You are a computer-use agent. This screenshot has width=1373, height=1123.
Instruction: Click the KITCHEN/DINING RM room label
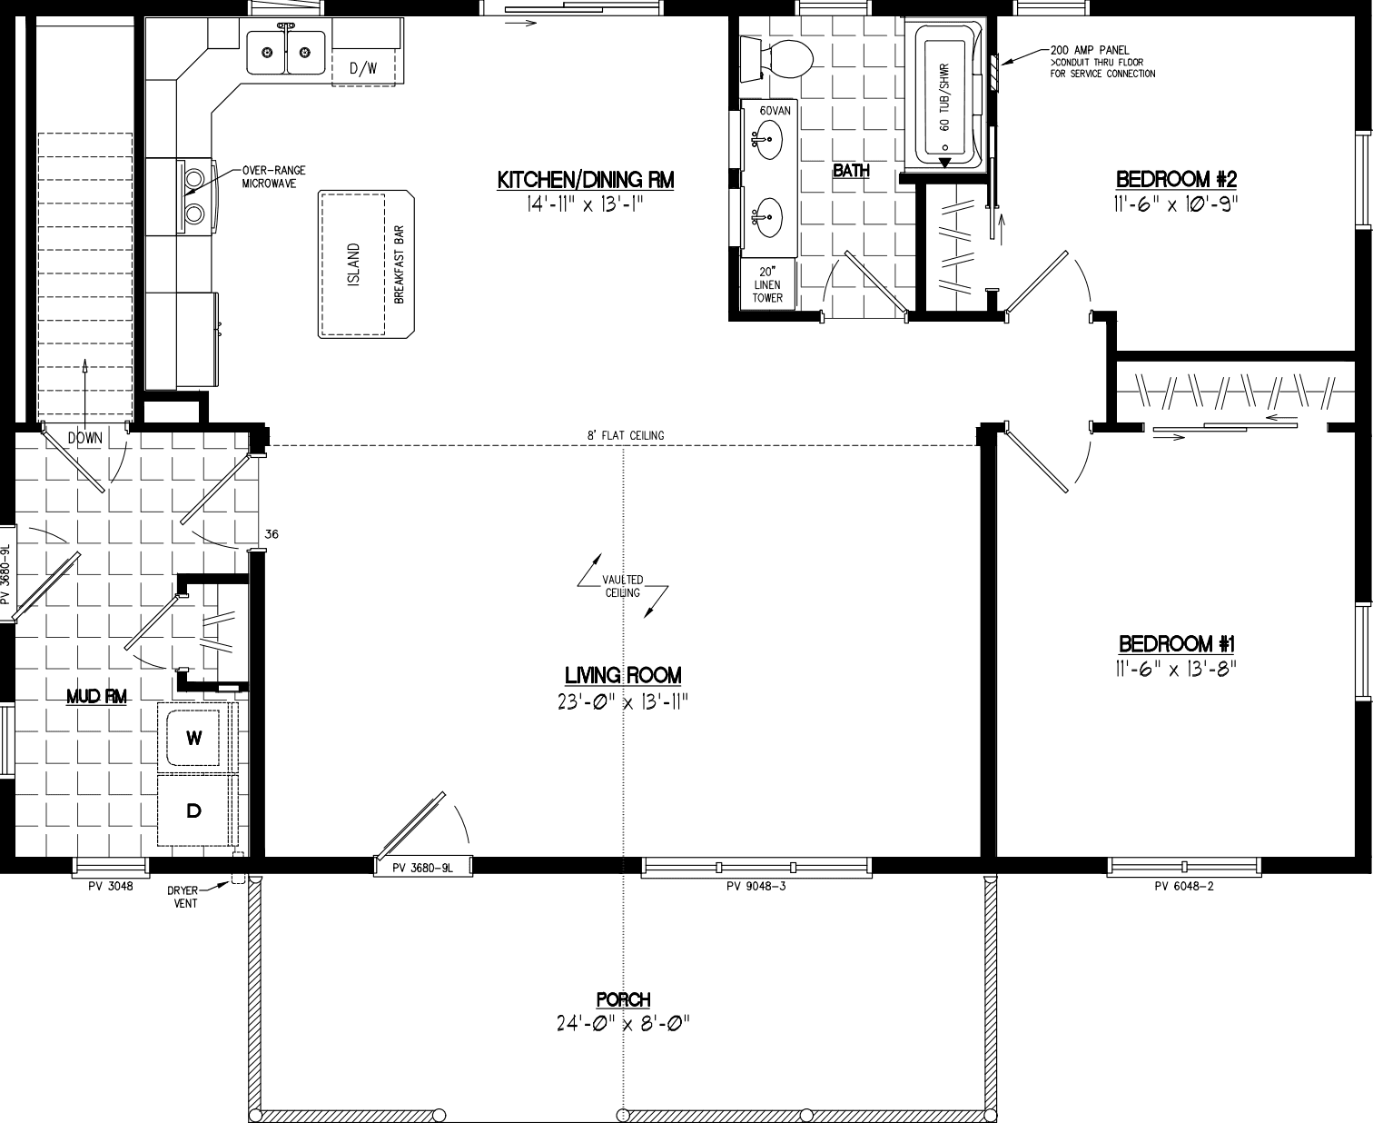click(x=586, y=180)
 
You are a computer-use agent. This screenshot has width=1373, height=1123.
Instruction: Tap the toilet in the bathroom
click(x=779, y=57)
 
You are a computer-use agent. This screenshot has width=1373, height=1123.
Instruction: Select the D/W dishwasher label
click(x=363, y=68)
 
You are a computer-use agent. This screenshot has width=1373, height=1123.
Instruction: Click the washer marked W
click(x=194, y=738)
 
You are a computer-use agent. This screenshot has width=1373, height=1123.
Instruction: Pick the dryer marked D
click(x=194, y=810)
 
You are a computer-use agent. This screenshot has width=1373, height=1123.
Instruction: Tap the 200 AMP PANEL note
click(x=1089, y=50)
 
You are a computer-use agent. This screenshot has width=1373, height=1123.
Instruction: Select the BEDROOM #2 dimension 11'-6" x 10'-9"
click(x=1176, y=204)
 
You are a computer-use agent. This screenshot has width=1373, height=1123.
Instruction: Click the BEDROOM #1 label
click(x=1177, y=644)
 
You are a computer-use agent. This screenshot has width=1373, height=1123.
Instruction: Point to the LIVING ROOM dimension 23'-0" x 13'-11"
click(x=623, y=701)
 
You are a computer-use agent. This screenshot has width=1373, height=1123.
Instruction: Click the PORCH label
click(x=623, y=999)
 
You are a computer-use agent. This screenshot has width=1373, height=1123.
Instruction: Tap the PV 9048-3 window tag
click(x=756, y=887)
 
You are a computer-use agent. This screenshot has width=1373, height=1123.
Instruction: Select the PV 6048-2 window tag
click(x=1183, y=887)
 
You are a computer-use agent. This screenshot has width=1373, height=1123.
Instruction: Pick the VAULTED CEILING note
click(x=623, y=586)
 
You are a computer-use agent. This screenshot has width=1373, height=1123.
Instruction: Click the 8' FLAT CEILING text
click(x=626, y=435)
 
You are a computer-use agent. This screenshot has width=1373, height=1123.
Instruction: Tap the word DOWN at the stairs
click(x=85, y=438)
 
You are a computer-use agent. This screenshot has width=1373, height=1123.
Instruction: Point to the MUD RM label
click(x=97, y=697)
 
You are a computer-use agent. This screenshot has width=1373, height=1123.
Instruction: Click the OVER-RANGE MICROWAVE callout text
click(x=274, y=176)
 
